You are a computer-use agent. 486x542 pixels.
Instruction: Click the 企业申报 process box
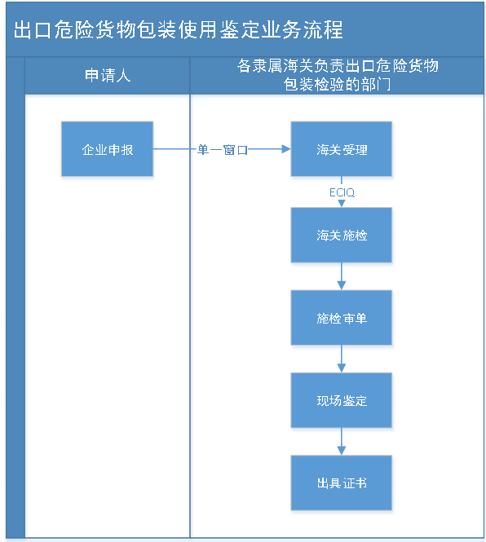pyautogui.click(x=107, y=151)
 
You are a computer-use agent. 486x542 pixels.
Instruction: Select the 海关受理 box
pyautogui.click(x=342, y=151)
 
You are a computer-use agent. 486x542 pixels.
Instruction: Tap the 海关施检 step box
pyautogui.click(x=342, y=236)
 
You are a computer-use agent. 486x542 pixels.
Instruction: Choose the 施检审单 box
pyautogui.click(x=342, y=319)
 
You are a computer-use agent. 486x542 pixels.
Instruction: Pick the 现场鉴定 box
pyautogui.click(x=342, y=401)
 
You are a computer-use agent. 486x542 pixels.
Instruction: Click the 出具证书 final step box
pyautogui.click(x=342, y=483)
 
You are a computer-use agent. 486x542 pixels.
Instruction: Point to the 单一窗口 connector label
pyautogui.click(x=222, y=150)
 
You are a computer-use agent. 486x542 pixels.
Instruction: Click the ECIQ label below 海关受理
pyautogui.click(x=342, y=193)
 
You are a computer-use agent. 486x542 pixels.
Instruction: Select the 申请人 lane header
pyautogui.click(x=108, y=77)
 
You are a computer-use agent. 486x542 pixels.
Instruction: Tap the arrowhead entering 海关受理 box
pyautogui.click(x=285, y=149)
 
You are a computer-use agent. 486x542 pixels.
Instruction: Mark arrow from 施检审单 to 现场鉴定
pyautogui.click(x=342, y=361)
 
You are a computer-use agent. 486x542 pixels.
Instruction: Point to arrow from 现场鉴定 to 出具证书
pyautogui.click(x=342, y=443)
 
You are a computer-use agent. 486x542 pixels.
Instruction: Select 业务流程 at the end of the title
pyautogui.click(x=306, y=30)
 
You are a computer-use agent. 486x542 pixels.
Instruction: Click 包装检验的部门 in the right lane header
pyautogui.click(x=338, y=85)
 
